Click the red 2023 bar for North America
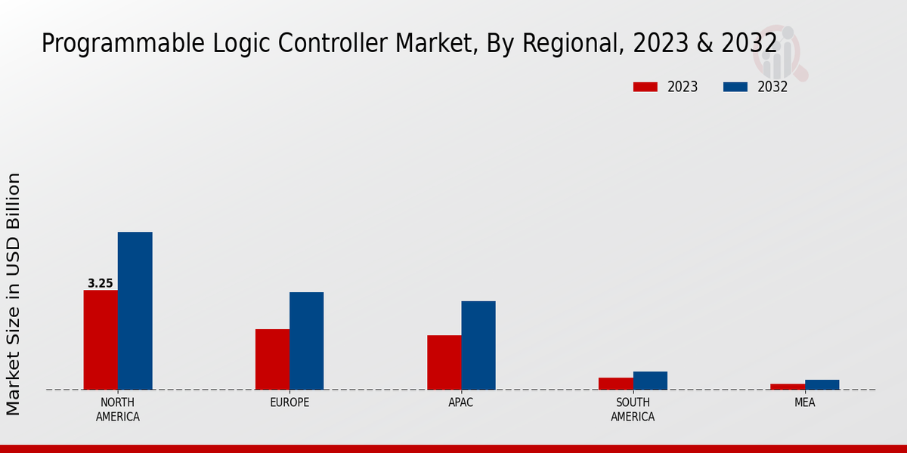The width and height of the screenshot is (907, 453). coord(101,340)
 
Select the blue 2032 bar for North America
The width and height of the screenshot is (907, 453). coord(135,311)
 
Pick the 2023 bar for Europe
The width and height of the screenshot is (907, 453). coord(272,359)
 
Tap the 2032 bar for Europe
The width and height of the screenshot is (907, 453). coord(306,341)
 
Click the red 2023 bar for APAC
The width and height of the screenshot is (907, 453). coord(444,362)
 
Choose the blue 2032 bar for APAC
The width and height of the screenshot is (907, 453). coord(478,346)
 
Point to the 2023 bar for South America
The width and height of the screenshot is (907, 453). coord(615,384)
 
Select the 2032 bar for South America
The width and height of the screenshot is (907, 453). coord(650,381)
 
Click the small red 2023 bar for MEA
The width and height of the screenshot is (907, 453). coord(788,387)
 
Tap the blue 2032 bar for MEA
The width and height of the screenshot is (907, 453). coord(822,385)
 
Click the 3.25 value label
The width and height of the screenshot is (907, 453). coord(101,284)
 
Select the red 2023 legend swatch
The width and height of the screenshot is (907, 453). coord(645,87)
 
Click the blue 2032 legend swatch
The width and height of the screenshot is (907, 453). coord(735,87)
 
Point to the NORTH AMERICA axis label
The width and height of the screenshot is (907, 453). coord(118,409)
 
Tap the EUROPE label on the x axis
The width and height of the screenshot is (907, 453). coord(289,402)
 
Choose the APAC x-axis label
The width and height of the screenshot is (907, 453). coord(461,402)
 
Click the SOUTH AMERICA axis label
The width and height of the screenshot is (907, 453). coord(633,409)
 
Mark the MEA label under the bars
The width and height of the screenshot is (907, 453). coord(804,402)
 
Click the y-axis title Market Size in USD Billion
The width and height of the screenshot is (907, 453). coord(14,294)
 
